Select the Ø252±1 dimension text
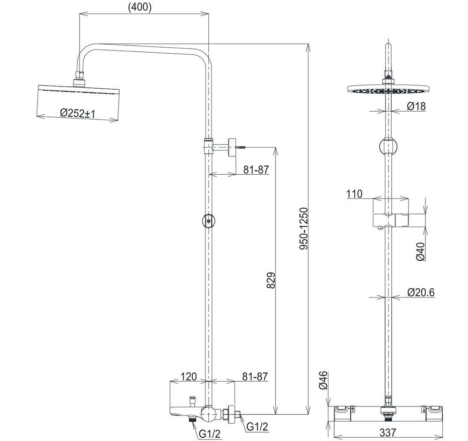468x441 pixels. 77,113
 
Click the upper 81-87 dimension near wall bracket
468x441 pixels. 256,170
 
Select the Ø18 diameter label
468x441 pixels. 416,106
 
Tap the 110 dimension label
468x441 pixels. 354,194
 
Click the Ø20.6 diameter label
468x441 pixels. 421,292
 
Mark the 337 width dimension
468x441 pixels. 388,433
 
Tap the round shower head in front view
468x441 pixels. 388,89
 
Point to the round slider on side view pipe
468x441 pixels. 208,220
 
